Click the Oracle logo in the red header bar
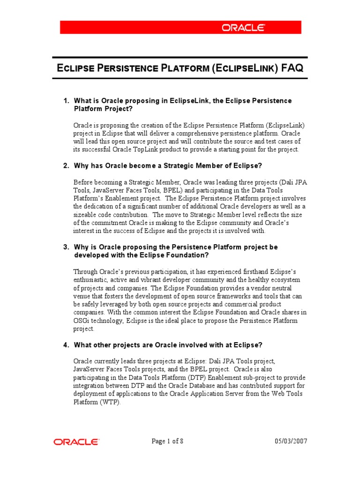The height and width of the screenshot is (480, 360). point(242,28)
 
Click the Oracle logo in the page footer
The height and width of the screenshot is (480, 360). point(76,442)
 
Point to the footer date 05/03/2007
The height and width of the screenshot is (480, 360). point(290,442)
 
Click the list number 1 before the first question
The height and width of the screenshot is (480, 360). point(66,101)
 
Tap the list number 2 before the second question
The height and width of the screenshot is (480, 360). point(66,165)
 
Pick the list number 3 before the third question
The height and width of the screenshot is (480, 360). point(66,247)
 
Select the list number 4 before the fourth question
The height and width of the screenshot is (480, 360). point(66,345)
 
